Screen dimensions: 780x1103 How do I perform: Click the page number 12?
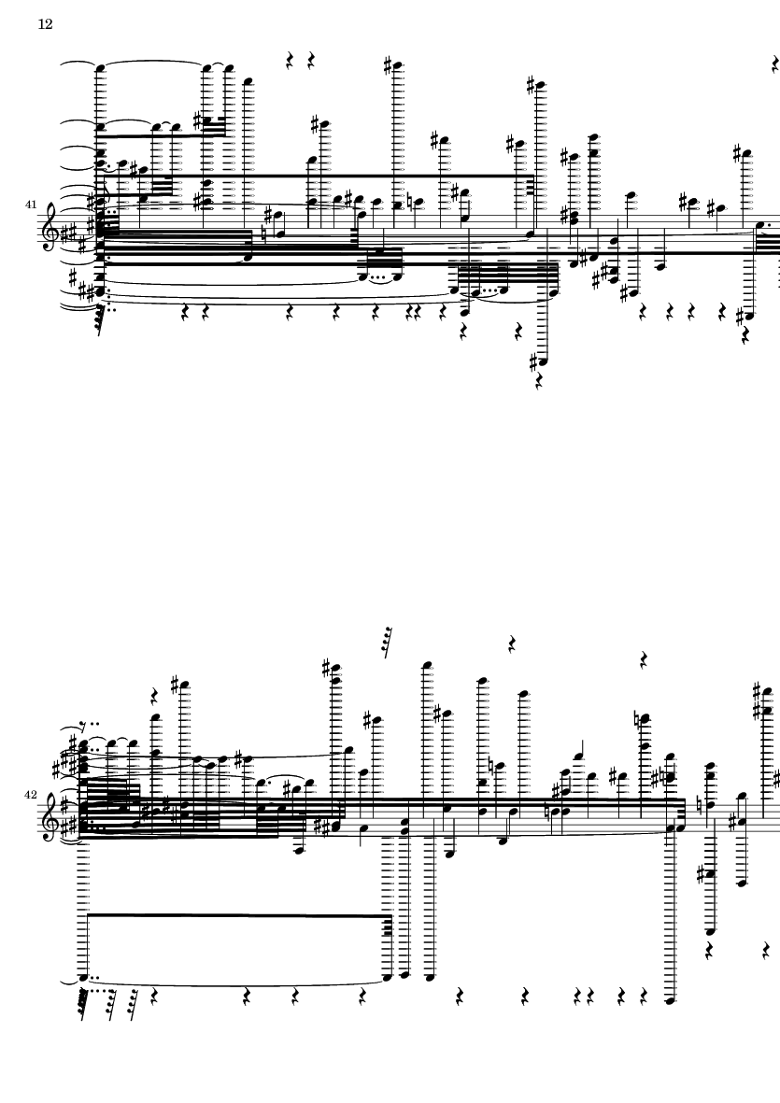tap(45, 24)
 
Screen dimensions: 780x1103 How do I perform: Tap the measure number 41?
tap(30, 205)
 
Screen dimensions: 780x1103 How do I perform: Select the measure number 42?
tap(30, 795)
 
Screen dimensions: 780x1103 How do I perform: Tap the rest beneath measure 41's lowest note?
tap(539, 382)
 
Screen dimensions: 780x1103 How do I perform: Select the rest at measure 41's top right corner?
tap(775, 65)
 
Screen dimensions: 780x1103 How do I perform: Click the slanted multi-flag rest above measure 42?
tap(387, 643)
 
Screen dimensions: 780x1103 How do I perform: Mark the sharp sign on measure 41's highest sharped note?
tap(388, 66)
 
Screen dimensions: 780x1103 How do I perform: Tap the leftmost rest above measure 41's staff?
tap(290, 62)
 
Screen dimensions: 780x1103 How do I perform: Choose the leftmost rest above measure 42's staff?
tap(155, 697)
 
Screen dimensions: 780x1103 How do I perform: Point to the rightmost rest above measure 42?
tap(644, 659)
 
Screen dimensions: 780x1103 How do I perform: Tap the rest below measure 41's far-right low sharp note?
tap(745, 337)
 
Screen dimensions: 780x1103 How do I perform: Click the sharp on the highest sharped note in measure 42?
tap(326, 666)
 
